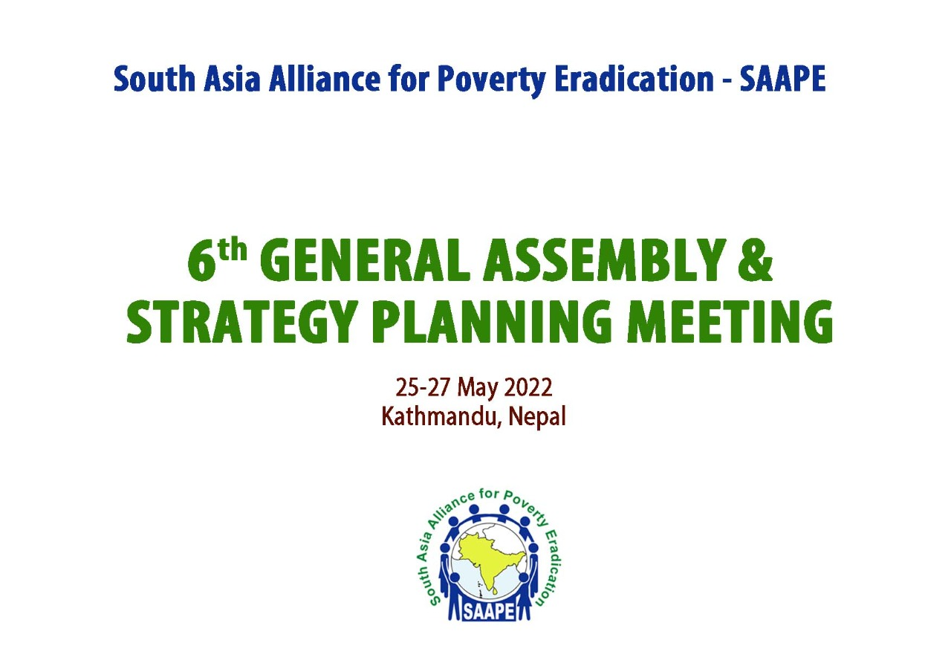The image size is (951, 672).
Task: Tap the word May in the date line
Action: (478, 389)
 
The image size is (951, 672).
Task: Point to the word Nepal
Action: (538, 417)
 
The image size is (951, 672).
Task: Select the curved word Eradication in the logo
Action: (551, 565)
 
